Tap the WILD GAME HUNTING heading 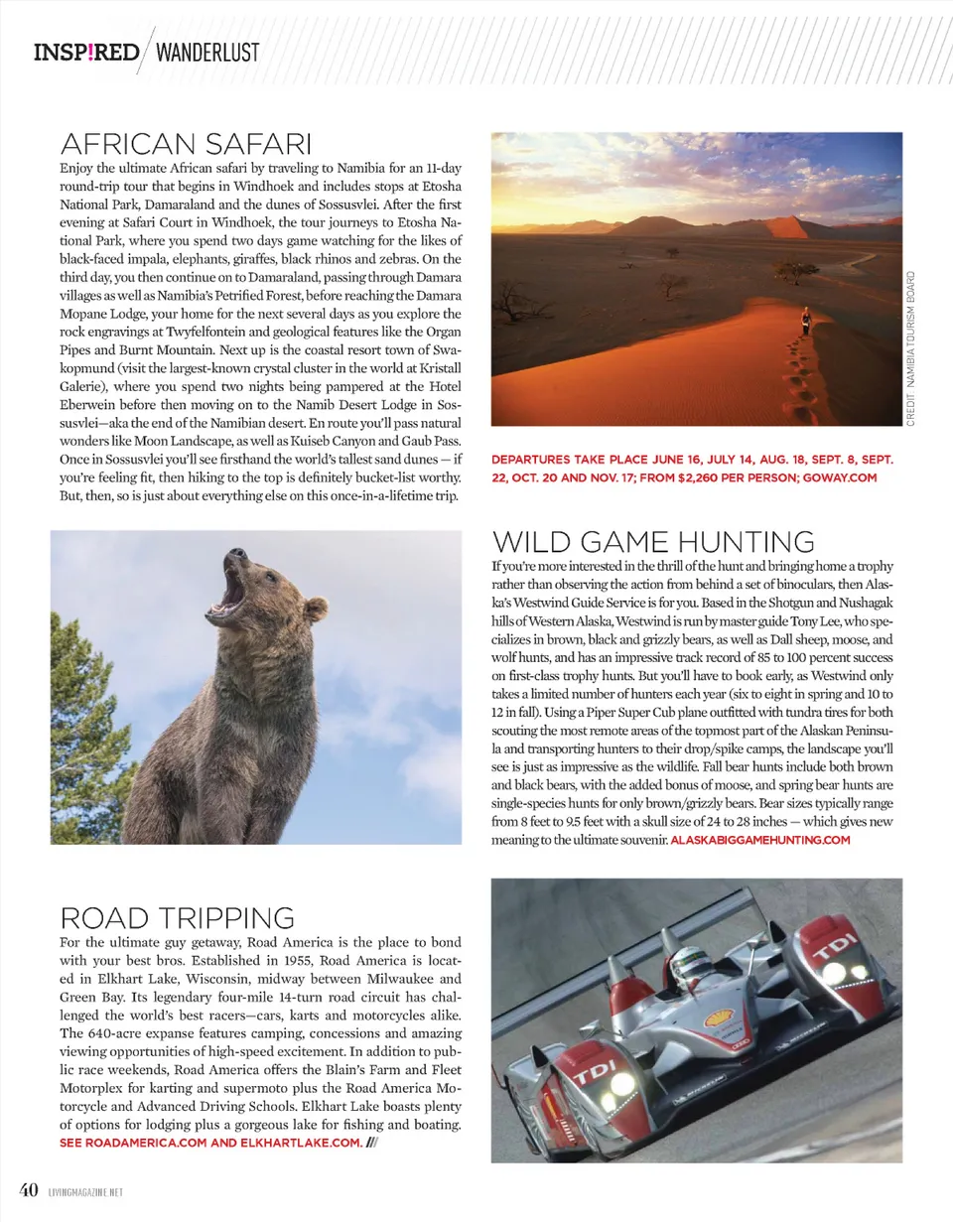[653, 542]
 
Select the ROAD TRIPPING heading [178, 918]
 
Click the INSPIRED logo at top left [86, 52]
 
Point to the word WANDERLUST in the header [207, 52]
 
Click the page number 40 [28, 1190]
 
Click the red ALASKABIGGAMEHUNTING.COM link [760, 840]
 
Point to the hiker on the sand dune [804, 322]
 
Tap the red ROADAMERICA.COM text [146, 1144]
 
